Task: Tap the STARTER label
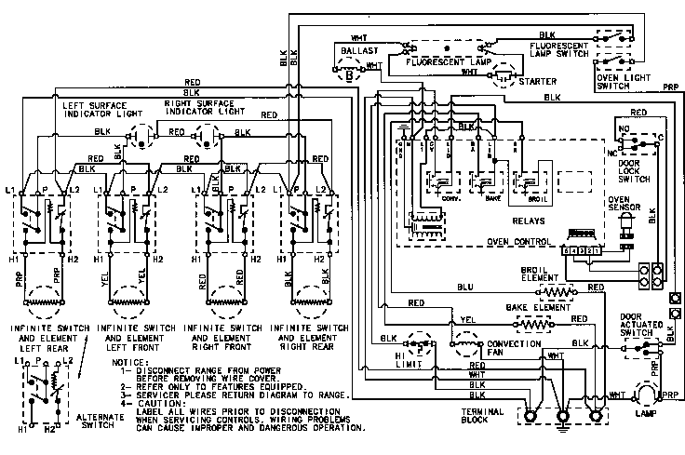538,81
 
